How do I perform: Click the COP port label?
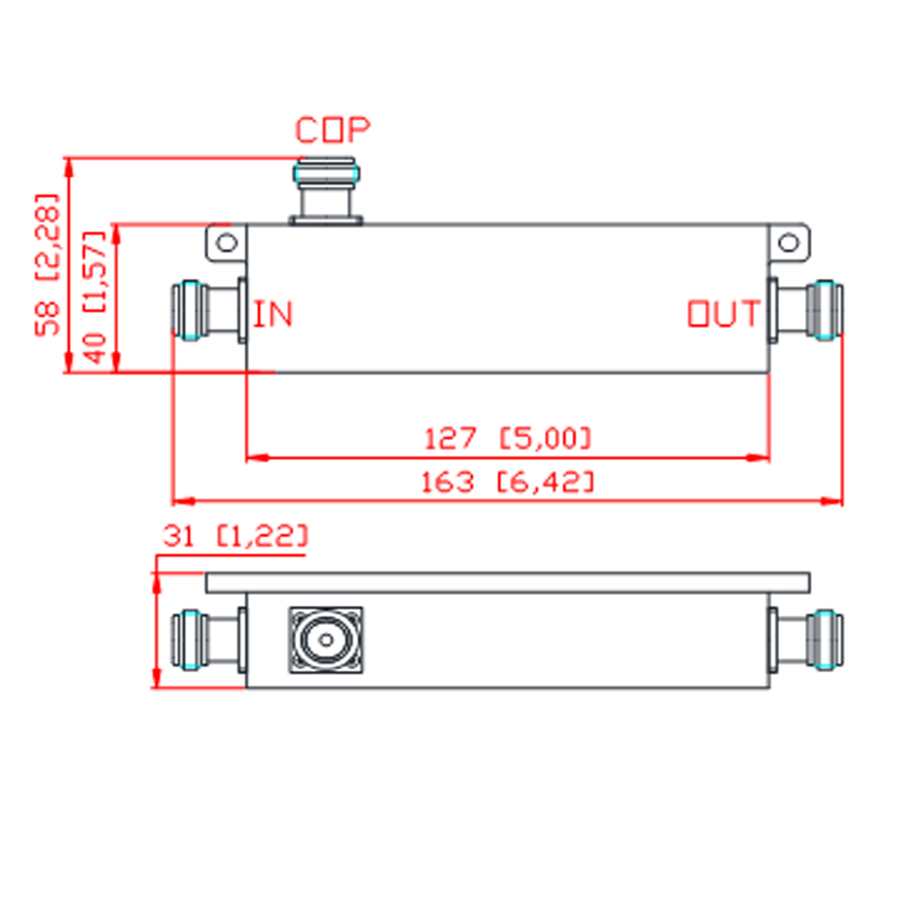[x=333, y=130]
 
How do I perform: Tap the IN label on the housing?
[x=273, y=313]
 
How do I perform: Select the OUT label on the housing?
[x=724, y=313]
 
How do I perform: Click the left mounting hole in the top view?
[x=227, y=242]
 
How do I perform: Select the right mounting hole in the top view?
[x=788, y=242]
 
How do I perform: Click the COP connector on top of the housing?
[x=326, y=190]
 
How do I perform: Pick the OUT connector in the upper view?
[x=805, y=311]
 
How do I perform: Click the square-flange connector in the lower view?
[x=326, y=640]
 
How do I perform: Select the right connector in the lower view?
[x=805, y=640]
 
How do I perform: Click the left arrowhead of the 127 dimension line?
[x=256, y=458]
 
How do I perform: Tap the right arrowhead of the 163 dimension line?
[x=832, y=501]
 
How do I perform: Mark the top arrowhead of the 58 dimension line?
[x=68, y=167]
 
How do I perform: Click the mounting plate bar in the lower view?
[x=507, y=583]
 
